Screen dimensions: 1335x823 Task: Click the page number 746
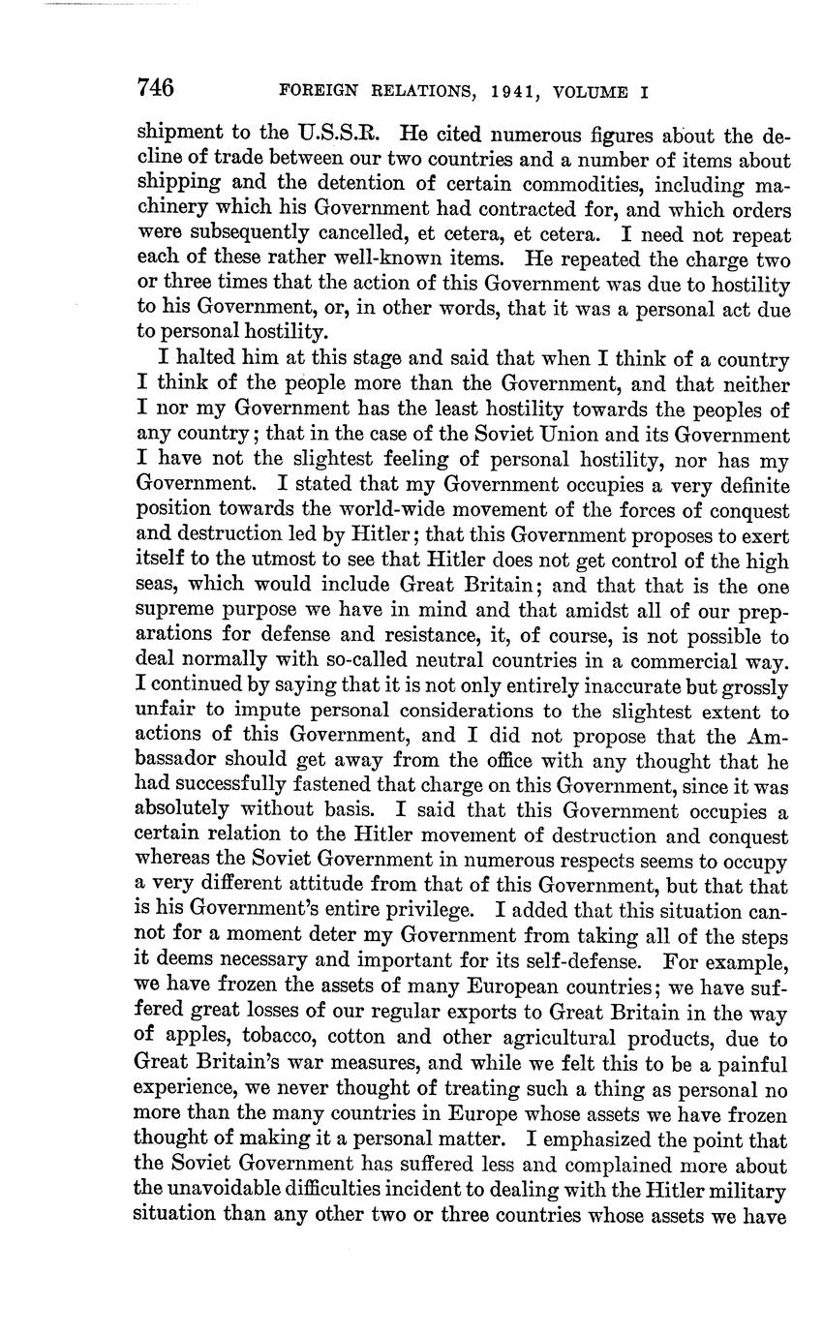(x=155, y=89)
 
